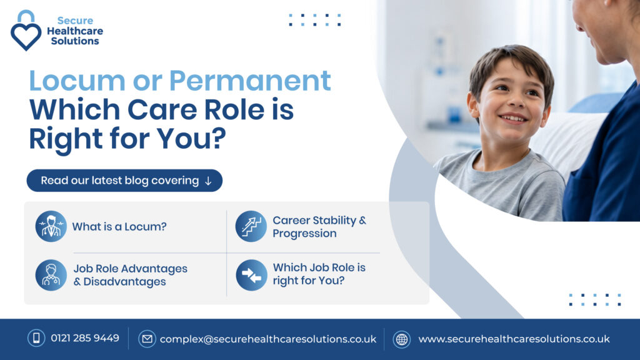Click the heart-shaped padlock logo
click(26, 31)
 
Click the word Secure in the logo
click(75, 21)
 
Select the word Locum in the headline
click(77, 81)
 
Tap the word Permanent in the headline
click(250, 81)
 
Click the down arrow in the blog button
click(208, 181)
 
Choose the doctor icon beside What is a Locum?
click(51, 226)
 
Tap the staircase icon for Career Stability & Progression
click(251, 226)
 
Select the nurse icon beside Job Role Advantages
click(51, 275)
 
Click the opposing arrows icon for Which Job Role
click(251, 275)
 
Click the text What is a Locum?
click(119, 226)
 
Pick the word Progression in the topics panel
click(304, 234)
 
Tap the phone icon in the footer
click(36, 338)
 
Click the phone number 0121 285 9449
click(85, 338)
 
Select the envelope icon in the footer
click(147, 339)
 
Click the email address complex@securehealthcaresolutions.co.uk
click(268, 339)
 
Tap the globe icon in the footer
click(402, 339)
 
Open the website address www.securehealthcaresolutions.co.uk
click(514, 339)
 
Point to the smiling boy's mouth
click(513, 119)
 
